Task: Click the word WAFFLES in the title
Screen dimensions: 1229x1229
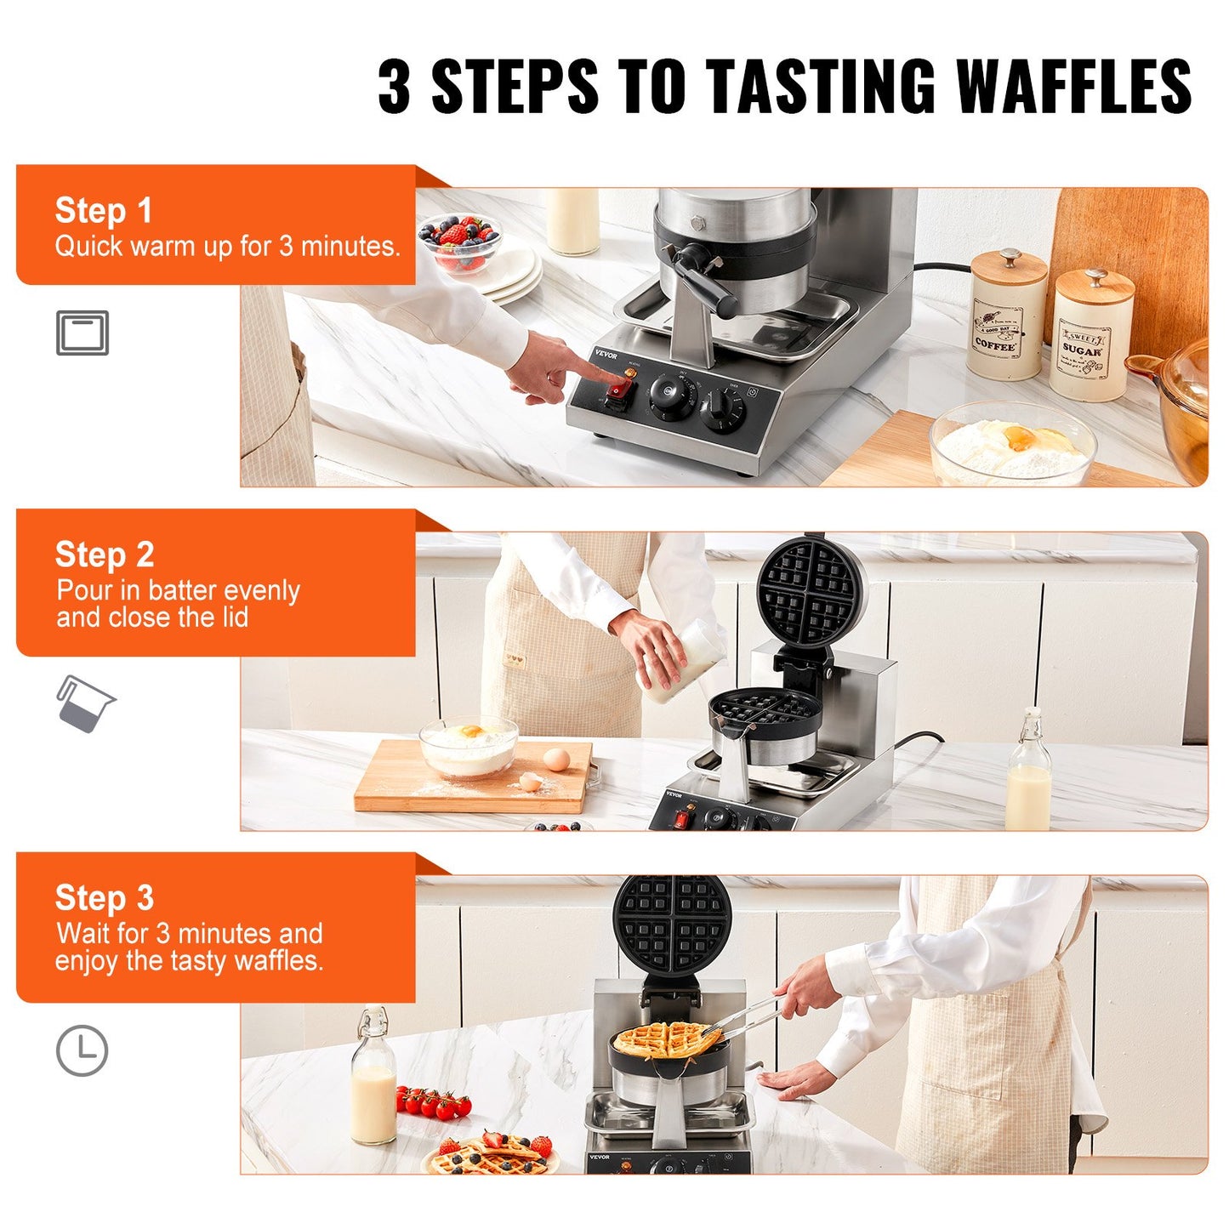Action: coord(1073,87)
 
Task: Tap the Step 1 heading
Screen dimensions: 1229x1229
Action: coord(103,210)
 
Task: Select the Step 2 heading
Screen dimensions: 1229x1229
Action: coord(105,555)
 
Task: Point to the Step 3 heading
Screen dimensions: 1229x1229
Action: coord(105,898)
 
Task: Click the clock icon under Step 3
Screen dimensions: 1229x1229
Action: coord(83,1050)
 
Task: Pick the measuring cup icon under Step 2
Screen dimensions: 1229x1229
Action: coord(84,704)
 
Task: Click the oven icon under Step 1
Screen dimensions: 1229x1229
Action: coord(83,333)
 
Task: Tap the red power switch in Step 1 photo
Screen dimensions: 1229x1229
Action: coord(618,390)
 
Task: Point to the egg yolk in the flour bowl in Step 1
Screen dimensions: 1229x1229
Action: coord(1020,438)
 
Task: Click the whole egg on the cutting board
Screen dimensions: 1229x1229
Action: coord(556,759)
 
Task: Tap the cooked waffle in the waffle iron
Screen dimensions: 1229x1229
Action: coord(666,1039)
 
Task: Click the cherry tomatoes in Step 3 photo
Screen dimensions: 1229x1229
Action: coord(433,1104)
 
